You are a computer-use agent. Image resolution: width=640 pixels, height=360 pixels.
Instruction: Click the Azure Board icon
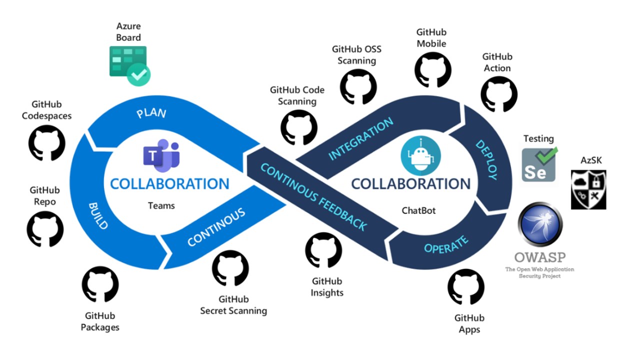pos(129,65)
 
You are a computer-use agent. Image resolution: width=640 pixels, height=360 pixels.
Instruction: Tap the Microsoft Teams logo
pos(161,156)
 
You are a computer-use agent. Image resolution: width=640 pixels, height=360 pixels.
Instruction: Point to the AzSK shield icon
pos(588,189)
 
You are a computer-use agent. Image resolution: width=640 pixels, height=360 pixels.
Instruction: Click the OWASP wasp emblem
pos(540,225)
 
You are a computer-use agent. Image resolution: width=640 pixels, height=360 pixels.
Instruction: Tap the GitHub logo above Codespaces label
pos(46,142)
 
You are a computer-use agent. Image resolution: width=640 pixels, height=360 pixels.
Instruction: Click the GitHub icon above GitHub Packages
pos(100,284)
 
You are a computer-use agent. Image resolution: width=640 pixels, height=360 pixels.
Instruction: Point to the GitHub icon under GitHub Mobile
pos(432,70)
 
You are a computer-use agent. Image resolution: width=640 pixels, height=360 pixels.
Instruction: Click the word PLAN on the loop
pos(151,112)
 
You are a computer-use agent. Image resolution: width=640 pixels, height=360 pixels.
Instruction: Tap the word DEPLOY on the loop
pos(485,159)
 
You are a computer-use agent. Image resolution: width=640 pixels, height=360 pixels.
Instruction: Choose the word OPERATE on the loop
pos(446,244)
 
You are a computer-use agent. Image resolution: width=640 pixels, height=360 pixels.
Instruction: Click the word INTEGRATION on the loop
pos(360,139)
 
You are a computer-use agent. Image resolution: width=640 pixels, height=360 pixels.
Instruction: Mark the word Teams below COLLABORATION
pos(161,205)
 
